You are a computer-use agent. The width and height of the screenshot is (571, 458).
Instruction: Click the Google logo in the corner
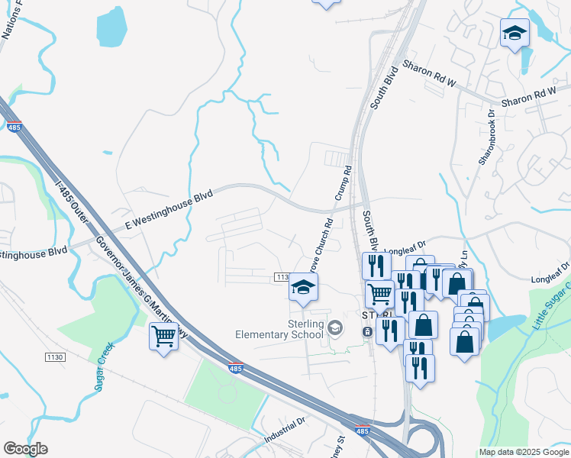25,449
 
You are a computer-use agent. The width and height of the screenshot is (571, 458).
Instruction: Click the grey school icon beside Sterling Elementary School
334,328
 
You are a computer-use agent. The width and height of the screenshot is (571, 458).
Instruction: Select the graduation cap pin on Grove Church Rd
303,289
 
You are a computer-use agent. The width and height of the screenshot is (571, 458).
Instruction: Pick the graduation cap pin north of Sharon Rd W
515,34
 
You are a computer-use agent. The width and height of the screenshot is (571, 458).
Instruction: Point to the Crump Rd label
342,184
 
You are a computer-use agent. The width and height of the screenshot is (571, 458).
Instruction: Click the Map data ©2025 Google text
524,452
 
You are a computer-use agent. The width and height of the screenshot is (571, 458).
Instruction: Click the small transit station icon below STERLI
367,332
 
